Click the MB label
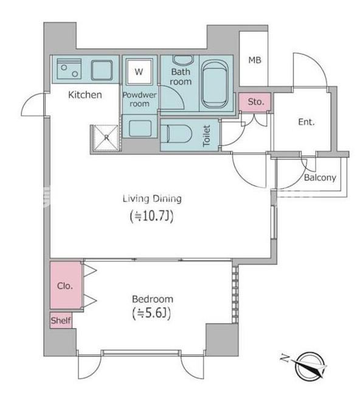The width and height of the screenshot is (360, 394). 255,60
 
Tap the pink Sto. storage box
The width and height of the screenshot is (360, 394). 255,102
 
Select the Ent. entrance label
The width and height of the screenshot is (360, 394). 306,122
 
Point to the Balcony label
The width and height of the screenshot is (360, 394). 320,178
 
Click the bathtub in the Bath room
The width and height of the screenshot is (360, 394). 215,84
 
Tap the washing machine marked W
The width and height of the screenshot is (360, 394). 139,72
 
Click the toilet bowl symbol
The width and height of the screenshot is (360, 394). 176,134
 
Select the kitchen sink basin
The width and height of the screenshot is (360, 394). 102,70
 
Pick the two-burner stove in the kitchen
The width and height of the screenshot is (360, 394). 69,69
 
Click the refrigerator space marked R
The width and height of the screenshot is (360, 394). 106,137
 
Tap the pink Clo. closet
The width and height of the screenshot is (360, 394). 66,285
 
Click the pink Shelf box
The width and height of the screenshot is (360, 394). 61,320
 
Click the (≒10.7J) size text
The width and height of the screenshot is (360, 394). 152,216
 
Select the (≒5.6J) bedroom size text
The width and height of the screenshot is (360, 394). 151,313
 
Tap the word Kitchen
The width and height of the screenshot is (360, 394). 85,95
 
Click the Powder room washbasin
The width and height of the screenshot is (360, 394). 140,129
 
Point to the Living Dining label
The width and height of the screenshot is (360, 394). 152,199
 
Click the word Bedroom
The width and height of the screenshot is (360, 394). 153,299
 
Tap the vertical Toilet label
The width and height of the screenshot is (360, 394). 206,136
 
